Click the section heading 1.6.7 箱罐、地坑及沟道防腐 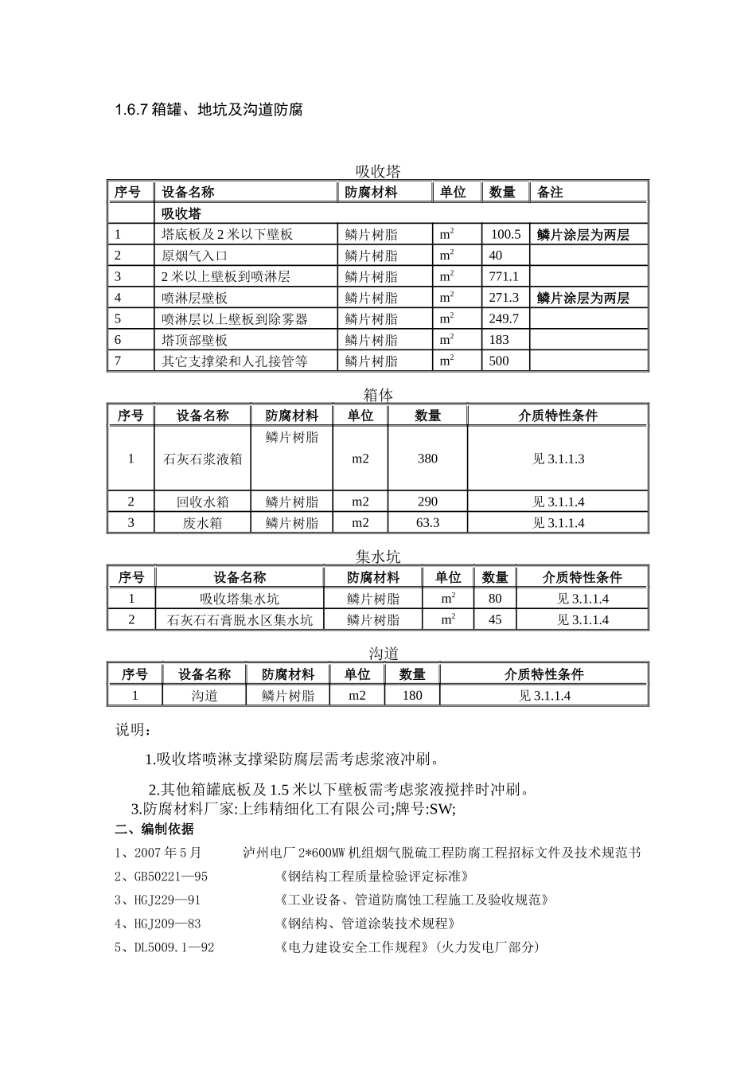click(x=208, y=110)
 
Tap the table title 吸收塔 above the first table click(x=378, y=171)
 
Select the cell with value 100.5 click(x=505, y=234)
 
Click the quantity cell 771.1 click(x=504, y=276)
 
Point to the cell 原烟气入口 click(x=194, y=256)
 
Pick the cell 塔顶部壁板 click(x=194, y=340)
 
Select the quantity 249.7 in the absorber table click(x=504, y=318)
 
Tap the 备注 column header click(x=550, y=192)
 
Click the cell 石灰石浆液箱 click(x=202, y=459)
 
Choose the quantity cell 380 click(x=427, y=459)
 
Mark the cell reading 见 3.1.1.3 click(x=558, y=459)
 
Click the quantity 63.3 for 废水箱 click(x=427, y=522)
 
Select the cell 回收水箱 click(x=202, y=502)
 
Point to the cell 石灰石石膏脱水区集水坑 click(x=240, y=619)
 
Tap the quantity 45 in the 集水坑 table click(x=495, y=619)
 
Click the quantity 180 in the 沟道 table click(x=412, y=695)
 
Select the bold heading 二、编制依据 click(x=154, y=830)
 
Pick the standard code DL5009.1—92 click(x=174, y=947)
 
